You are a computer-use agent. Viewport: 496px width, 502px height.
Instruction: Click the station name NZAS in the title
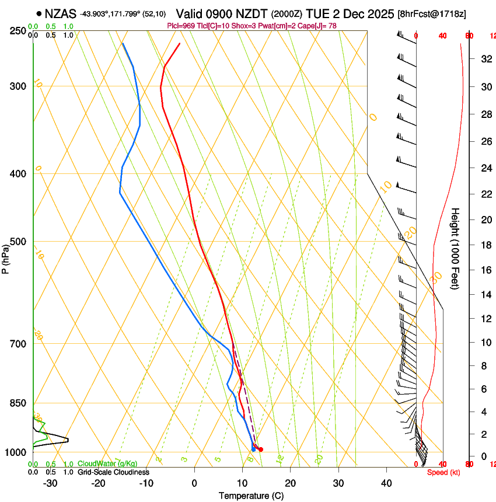tap(61, 14)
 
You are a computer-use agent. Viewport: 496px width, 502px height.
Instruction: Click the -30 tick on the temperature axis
tap(50, 483)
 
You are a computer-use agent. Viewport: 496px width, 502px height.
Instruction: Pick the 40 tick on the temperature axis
tap(386, 483)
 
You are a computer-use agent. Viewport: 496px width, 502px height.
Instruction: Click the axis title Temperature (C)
tap(251, 496)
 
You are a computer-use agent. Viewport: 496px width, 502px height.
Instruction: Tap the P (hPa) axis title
tap(6, 259)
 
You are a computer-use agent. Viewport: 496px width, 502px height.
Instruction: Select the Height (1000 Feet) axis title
tap(456, 248)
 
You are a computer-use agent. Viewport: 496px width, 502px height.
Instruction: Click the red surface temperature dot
tap(261, 449)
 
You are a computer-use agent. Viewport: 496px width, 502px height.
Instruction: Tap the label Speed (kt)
tap(443, 472)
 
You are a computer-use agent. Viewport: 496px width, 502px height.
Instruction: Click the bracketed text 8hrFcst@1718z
tap(431, 14)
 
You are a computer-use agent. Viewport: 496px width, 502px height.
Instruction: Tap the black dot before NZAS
tap(39, 13)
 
